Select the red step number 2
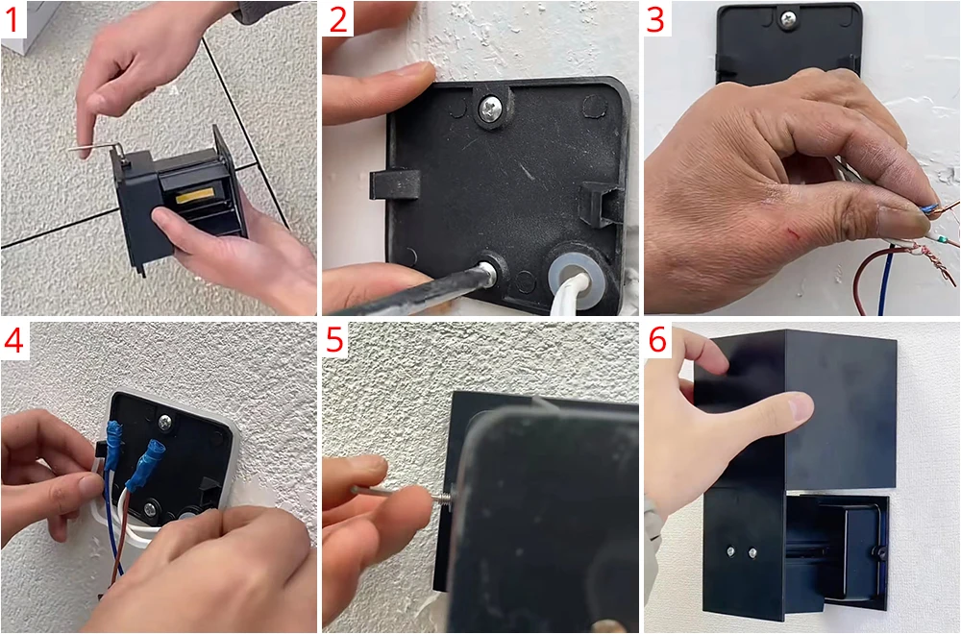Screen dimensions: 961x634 pos(337,19)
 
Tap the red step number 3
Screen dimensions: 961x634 pos(655,19)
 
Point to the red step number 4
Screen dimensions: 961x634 pos(13,340)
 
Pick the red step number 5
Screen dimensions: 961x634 pos(334,340)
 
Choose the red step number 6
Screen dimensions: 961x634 pos(657,340)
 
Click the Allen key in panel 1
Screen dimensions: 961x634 pos(98,149)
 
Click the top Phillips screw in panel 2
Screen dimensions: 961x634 pos(490,110)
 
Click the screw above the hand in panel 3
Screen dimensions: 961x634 pos(788,19)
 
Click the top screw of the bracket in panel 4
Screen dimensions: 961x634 pos(165,422)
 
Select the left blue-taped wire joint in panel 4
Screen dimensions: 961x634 pos(113,445)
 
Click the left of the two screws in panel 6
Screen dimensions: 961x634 pos(731,552)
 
